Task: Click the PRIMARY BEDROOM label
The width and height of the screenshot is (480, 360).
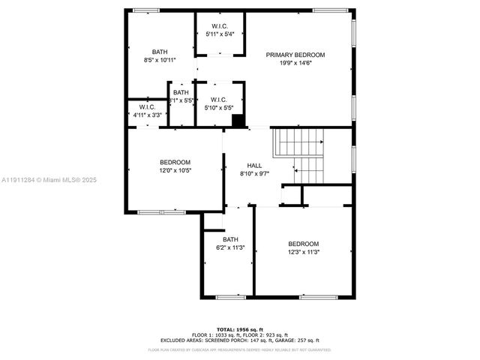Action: pyautogui.click(x=295, y=55)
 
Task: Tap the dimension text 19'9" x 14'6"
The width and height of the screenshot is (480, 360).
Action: pyautogui.click(x=295, y=64)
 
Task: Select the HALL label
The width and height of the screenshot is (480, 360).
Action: pyautogui.click(x=254, y=164)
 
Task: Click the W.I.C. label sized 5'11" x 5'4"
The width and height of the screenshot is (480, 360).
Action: pyautogui.click(x=219, y=26)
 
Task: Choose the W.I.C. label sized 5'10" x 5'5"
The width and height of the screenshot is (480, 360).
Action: pyautogui.click(x=219, y=100)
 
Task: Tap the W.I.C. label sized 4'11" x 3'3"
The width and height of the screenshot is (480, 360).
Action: pyautogui.click(x=146, y=107)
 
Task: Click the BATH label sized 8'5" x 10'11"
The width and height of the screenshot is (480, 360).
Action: pyautogui.click(x=160, y=51)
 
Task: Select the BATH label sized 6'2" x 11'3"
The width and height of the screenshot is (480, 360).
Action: pyautogui.click(x=229, y=239)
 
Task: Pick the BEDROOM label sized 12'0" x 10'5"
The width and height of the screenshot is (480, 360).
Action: pyautogui.click(x=175, y=162)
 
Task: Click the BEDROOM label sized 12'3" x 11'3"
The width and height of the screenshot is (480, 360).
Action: pyautogui.click(x=304, y=244)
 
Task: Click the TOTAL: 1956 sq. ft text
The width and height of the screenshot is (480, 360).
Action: pyautogui.click(x=240, y=329)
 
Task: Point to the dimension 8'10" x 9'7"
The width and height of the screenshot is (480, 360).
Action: pyautogui.click(x=254, y=173)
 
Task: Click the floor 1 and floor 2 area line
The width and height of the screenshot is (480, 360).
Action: pyautogui.click(x=240, y=334)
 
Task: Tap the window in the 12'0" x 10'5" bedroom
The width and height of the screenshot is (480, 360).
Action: pyautogui.click(x=161, y=212)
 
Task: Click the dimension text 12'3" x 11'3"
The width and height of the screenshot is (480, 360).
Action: pyautogui.click(x=304, y=253)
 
